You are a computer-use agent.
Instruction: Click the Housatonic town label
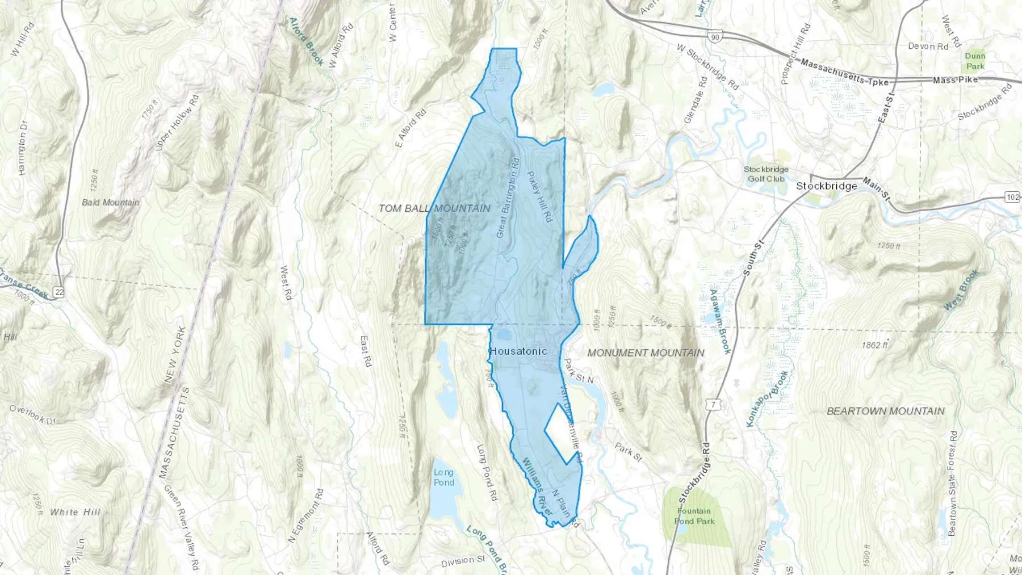[x=518, y=351]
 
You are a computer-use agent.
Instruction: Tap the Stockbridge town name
[x=826, y=186]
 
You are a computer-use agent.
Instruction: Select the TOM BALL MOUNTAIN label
[x=434, y=208]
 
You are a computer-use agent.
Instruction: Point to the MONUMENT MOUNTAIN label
[x=646, y=353]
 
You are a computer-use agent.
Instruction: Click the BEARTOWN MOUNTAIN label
[x=885, y=411]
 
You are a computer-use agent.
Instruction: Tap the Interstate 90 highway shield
[x=715, y=37]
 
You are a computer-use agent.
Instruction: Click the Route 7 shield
[x=714, y=405]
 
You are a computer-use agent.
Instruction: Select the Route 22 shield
[x=59, y=292]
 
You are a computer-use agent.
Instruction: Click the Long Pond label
[x=444, y=477]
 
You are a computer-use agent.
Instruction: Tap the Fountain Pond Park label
[x=694, y=516]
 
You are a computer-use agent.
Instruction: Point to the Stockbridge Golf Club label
[x=766, y=174]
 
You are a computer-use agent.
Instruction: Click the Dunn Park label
[x=975, y=61]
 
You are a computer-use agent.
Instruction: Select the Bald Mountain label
[x=110, y=202]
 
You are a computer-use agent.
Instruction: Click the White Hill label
[x=75, y=512]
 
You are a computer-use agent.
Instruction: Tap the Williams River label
[x=537, y=487]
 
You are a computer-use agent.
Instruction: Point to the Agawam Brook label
[x=720, y=321]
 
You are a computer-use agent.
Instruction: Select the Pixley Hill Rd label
[x=539, y=196]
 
